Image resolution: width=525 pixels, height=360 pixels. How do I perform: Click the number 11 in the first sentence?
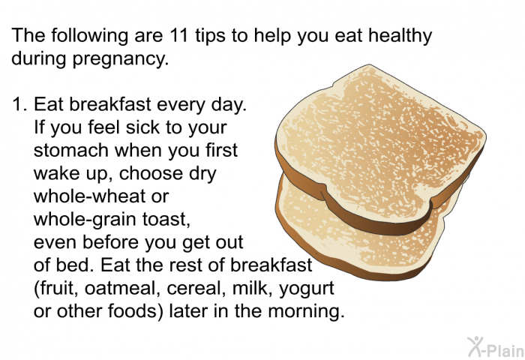pyautogui.click(x=178, y=34)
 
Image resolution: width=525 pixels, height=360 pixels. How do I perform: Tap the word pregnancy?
pyautogui.click(x=121, y=59)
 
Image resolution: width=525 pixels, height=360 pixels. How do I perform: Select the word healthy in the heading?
pyautogui.click(x=400, y=36)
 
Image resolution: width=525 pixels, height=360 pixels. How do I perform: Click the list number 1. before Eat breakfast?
pyautogui.click(x=19, y=104)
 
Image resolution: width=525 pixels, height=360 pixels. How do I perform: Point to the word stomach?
pyautogui.click(x=71, y=150)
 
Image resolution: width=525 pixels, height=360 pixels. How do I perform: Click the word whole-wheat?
pyautogui.click(x=90, y=196)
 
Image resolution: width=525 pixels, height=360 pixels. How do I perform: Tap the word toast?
pyautogui.click(x=166, y=220)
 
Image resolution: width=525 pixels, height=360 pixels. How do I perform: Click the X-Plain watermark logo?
pyautogui.click(x=496, y=347)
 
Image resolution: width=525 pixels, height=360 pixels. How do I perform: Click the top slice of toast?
pyautogui.click(x=380, y=144)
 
